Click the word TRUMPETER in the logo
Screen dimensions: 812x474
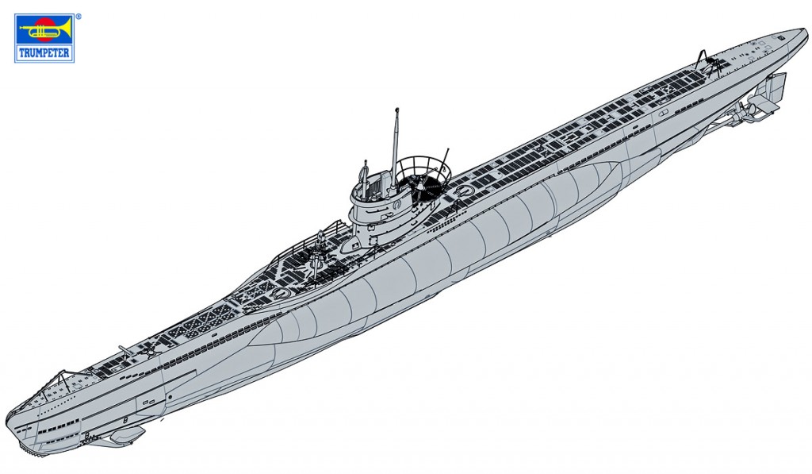tap(44, 53)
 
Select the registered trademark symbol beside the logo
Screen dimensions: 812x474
tap(79, 17)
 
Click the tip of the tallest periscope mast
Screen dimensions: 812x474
tap(396, 110)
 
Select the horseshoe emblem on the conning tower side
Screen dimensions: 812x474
tap(397, 204)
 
